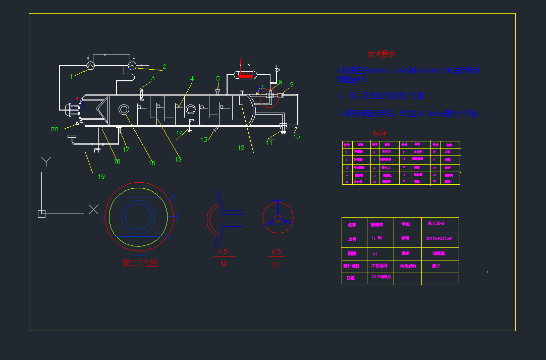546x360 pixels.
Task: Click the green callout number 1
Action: click(72, 77)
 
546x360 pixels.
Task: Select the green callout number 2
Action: click(164, 67)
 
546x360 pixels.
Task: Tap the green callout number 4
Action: click(192, 78)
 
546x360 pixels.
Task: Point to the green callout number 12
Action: click(241, 148)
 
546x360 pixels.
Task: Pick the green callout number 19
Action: click(101, 176)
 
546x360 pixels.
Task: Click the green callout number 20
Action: click(55, 129)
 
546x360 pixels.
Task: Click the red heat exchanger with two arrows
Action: click(247, 74)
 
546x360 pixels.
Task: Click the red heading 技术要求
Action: click(381, 54)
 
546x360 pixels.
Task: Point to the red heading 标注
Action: click(379, 133)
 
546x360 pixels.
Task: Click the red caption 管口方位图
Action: click(140, 263)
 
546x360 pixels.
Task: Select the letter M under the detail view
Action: click(223, 264)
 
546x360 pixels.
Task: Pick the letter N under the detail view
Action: click(276, 264)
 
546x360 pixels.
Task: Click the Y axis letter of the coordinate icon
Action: click(46, 162)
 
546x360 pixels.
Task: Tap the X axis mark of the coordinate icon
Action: click(93, 210)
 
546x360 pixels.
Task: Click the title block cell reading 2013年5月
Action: click(381, 277)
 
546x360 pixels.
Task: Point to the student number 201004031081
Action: click(439, 238)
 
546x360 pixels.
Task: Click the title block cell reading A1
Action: click(375, 254)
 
